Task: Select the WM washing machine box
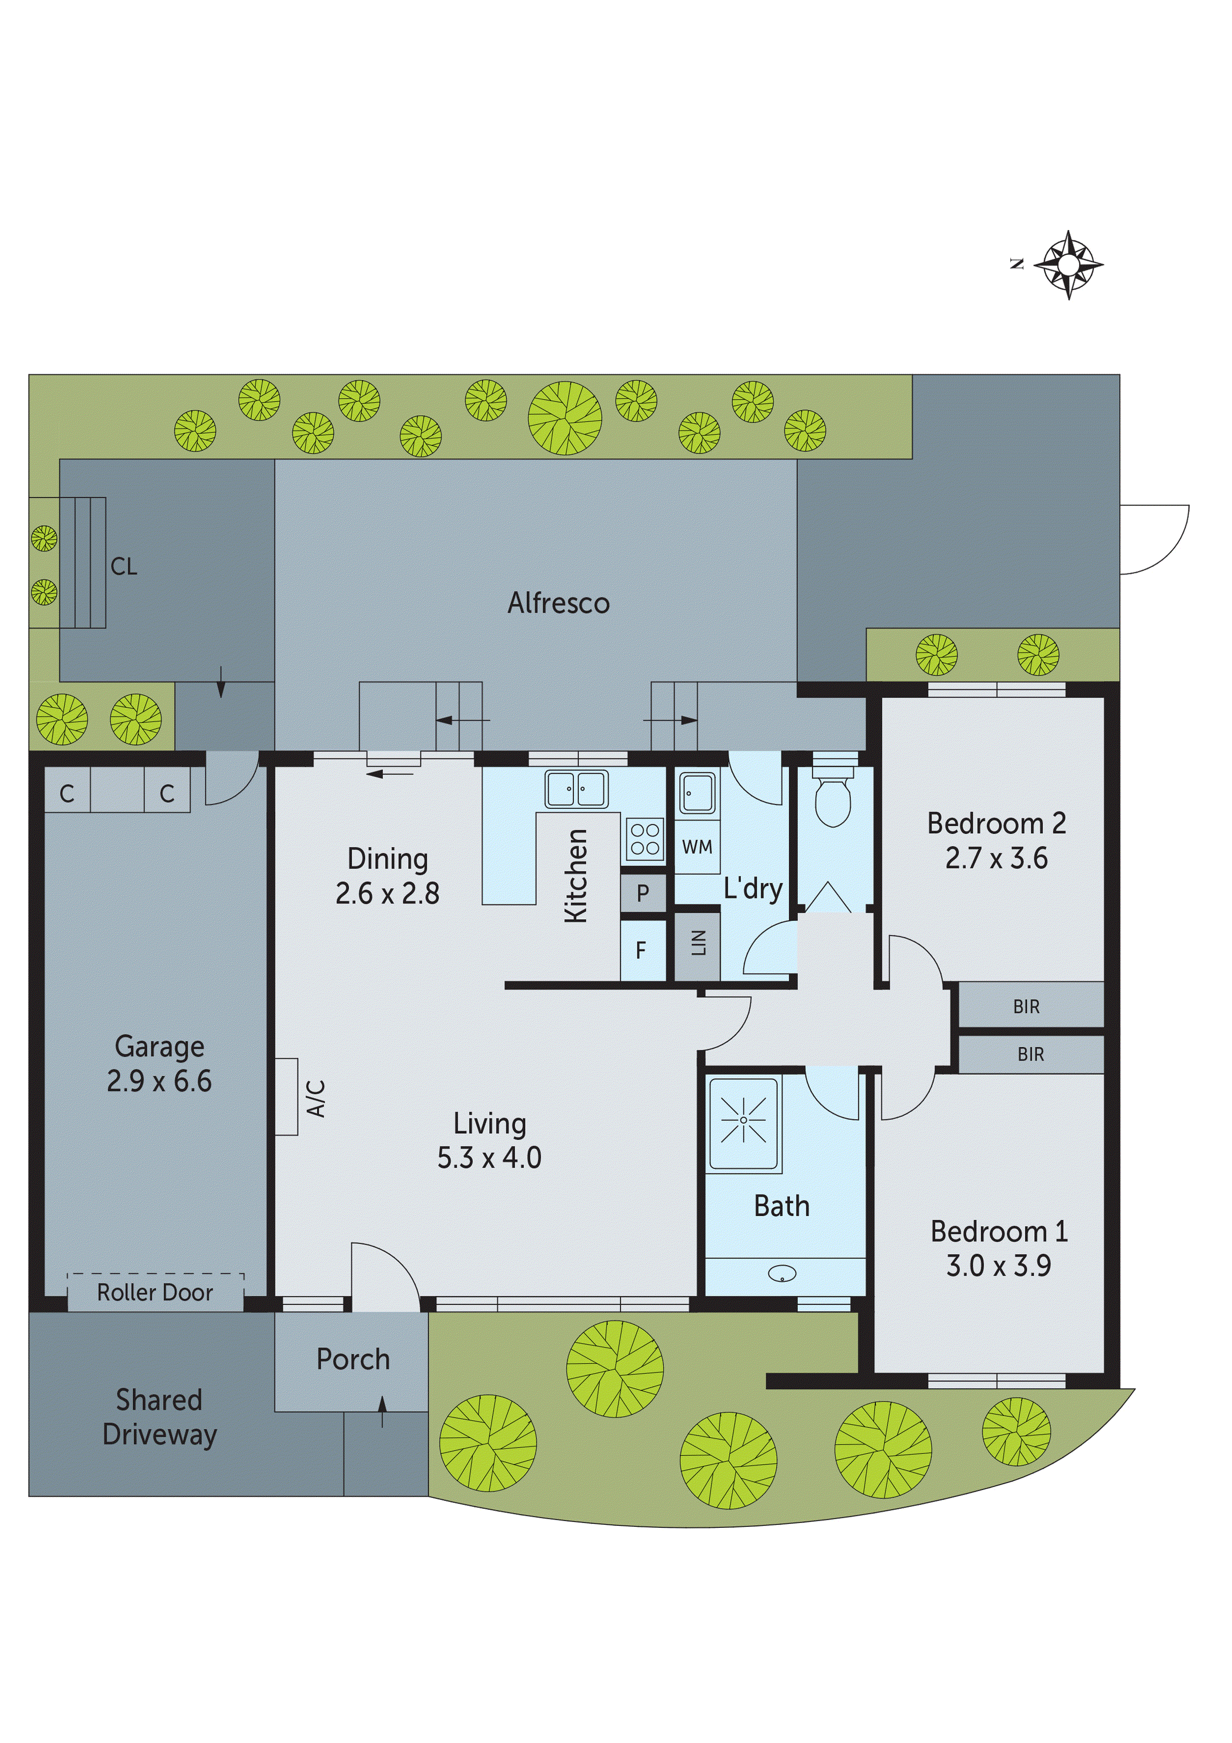coord(697,847)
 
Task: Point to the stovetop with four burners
coord(644,839)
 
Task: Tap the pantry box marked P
coord(643,893)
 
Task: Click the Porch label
coord(353,1359)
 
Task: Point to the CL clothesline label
coord(124,566)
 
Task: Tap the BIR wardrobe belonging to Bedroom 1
coord(1030,1054)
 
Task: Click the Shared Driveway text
coord(159,1418)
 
